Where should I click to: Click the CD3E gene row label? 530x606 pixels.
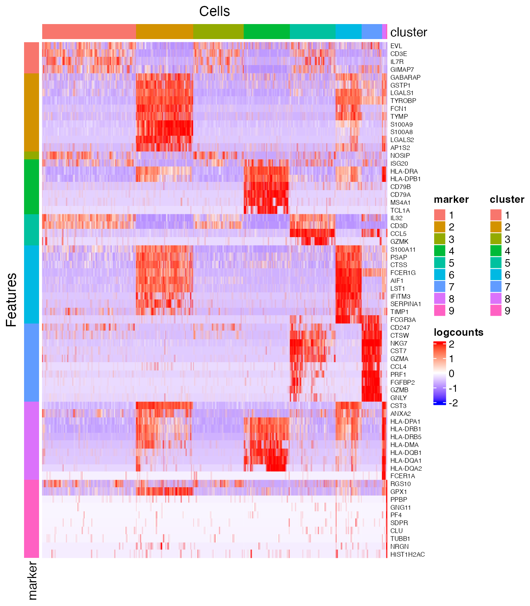pyautogui.click(x=398, y=54)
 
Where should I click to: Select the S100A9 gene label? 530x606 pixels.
pyautogui.click(x=401, y=124)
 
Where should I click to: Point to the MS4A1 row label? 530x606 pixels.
pyautogui.click(x=400, y=202)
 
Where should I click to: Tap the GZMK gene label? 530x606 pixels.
pyautogui.click(x=399, y=241)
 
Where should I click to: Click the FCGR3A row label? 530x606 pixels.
pyautogui.click(x=403, y=320)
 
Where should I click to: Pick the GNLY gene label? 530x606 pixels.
pyautogui.click(x=398, y=398)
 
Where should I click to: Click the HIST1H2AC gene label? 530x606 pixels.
pyautogui.click(x=407, y=554)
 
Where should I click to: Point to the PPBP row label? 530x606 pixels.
pyautogui.click(x=398, y=499)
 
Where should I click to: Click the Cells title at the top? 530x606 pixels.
pyautogui.click(x=214, y=11)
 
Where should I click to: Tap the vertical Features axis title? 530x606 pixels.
pyautogui.click(x=12, y=300)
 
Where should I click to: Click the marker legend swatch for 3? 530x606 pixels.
pyautogui.click(x=440, y=239)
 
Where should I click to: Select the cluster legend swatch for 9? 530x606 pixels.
pyautogui.click(x=496, y=310)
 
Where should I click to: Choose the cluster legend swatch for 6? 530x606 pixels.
pyautogui.click(x=496, y=275)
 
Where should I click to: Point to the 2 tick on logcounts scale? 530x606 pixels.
pyautogui.click(x=452, y=344)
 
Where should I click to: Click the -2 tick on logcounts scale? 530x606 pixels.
pyautogui.click(x=453, y=403)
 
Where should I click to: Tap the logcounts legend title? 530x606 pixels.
pyautogui.click(x=458, y=332)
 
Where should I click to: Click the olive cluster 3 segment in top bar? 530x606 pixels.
pyautogui.click(x=218, y=32)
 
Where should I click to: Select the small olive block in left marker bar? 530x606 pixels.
pyautogui.click(x=32, y=155)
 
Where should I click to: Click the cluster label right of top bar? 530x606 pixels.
pyautogui.click(x=409, y=32)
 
